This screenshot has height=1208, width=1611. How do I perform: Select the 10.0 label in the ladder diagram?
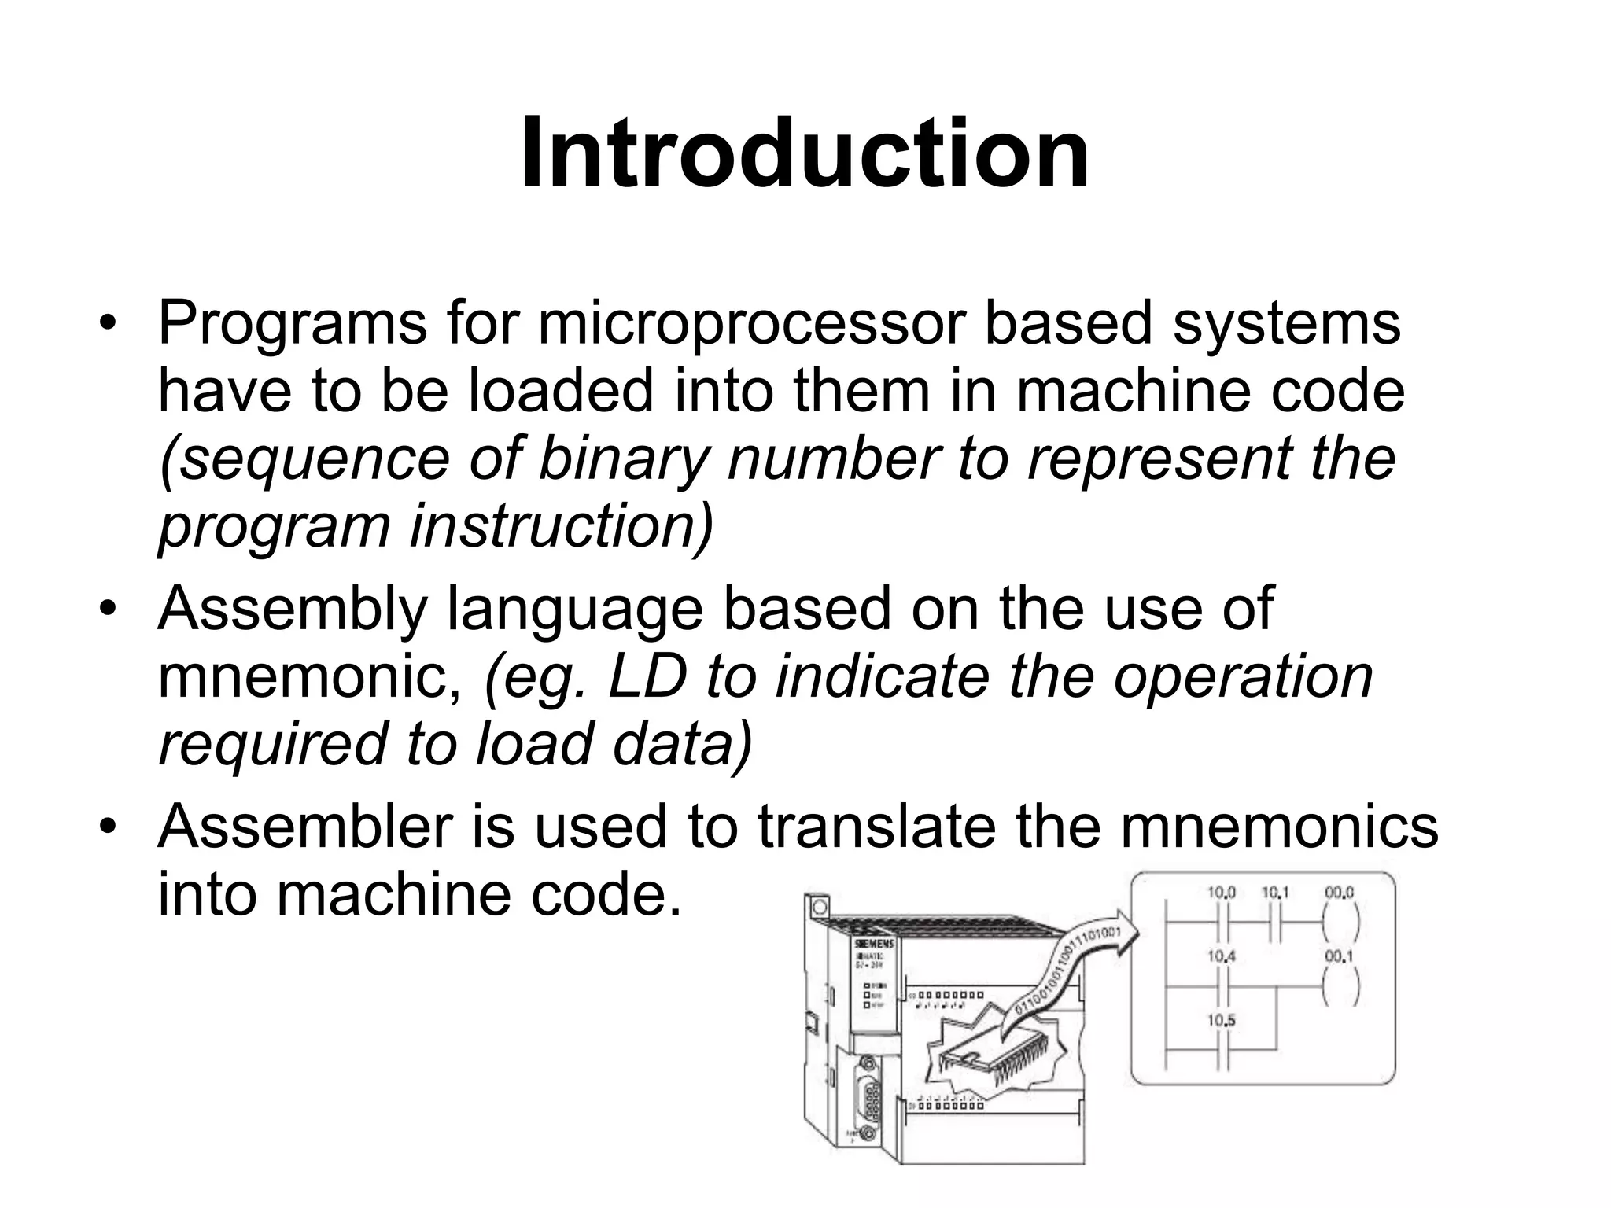[x=1222, y=893]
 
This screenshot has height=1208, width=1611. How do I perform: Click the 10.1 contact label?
[x=1276, y=893]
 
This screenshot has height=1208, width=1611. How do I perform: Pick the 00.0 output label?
[x=1338, y=893]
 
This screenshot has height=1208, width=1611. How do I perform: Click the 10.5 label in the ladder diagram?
[x=1222, y=1021]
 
